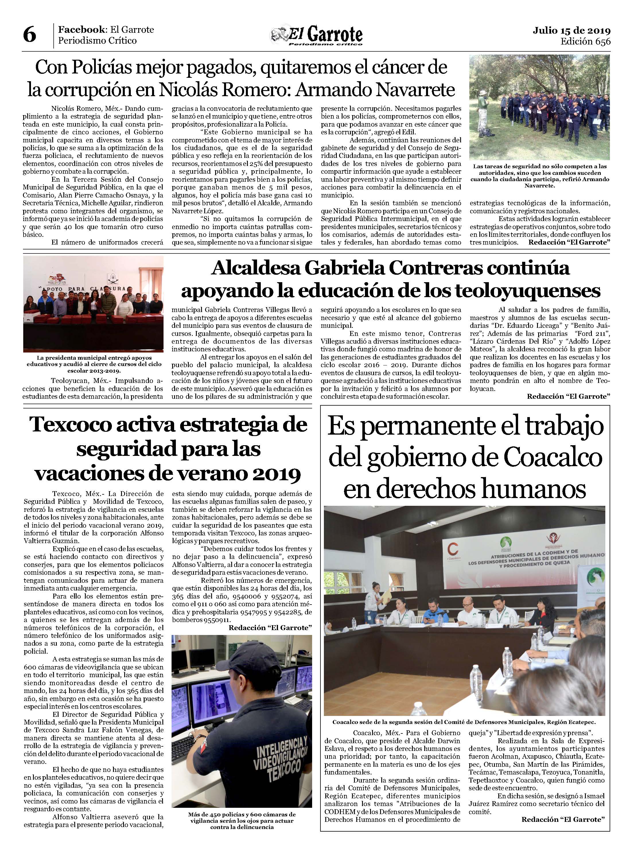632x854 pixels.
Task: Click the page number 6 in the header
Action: [x=30, y=35]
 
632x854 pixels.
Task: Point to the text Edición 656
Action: [x=585, y=41]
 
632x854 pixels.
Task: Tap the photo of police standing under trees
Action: [x=539, y=107]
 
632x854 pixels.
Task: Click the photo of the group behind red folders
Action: [x=93, y=304]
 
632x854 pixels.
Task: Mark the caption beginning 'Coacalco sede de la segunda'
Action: [x=464, y=722]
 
